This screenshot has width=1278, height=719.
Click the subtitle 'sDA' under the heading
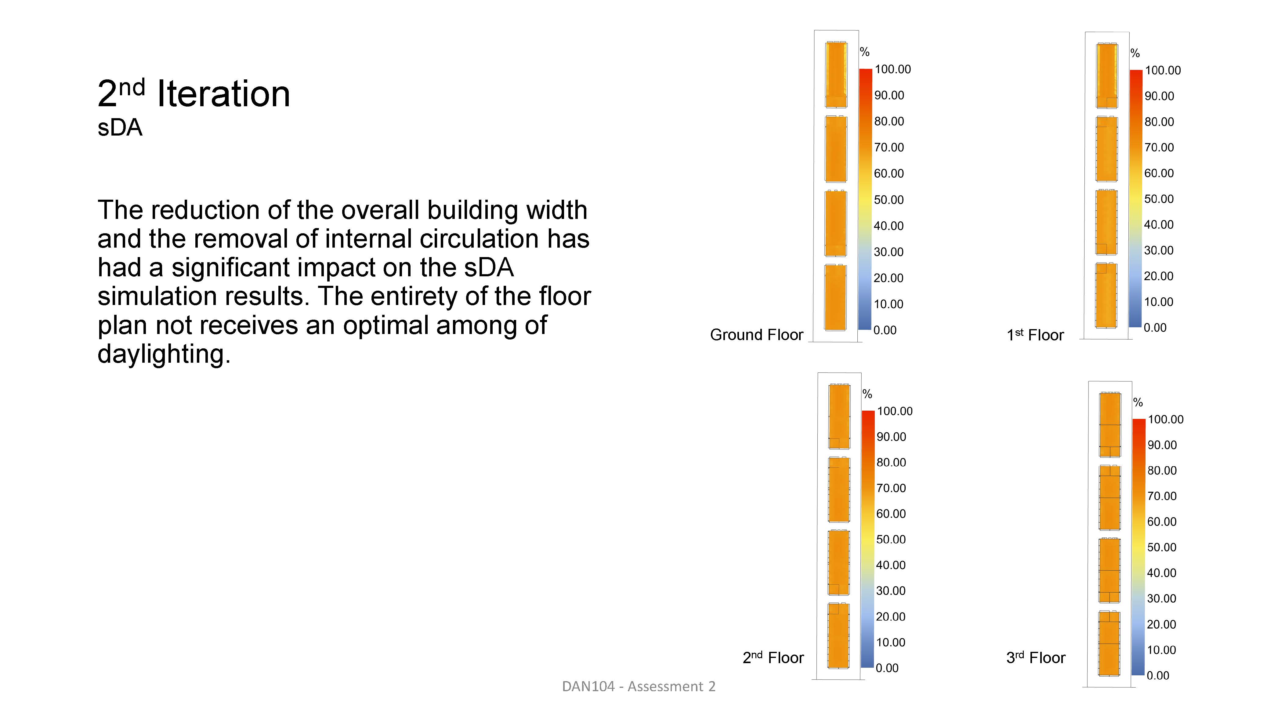(x=120, y=128)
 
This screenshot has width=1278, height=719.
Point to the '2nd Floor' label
(x=773, y=657)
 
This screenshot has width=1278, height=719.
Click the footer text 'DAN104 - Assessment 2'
(x=639, y=686)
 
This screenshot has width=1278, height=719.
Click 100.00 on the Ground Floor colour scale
(x=892, y=70)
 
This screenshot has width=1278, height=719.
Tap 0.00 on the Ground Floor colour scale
(x=885, y=330)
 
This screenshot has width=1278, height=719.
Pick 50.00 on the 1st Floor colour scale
(x=1159, y=199)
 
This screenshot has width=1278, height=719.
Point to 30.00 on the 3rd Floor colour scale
(x=1161, y=598)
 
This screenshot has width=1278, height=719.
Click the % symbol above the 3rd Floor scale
(x=1138, y=402)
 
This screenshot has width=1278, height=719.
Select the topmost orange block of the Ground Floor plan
(x=836, y=74)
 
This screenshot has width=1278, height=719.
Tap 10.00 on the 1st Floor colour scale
(x=1158, y=302)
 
